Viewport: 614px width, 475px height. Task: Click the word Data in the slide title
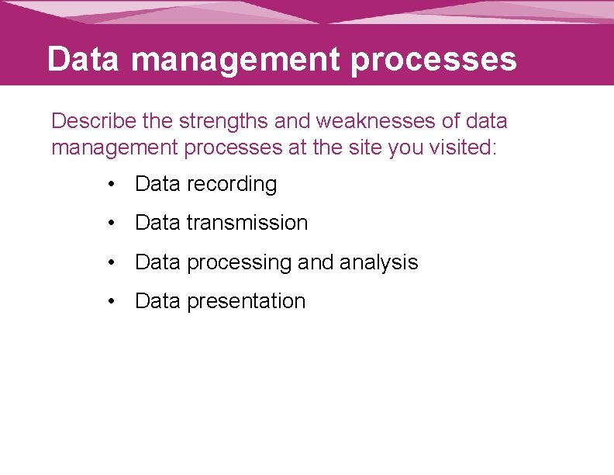pos(82,59)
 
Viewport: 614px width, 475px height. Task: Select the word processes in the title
pos(433,60)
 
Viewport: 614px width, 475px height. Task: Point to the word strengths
pos(221,122)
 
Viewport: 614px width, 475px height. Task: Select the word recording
pos(232,185)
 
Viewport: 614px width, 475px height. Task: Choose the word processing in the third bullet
pos(239,263)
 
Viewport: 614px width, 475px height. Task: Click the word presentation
pos(247,302)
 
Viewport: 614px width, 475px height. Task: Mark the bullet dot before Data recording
pos(113,185)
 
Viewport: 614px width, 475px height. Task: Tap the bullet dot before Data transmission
pos(113,224)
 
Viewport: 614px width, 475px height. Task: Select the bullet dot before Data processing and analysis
pos(113,262)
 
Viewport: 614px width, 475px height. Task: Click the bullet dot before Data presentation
pos(113,301)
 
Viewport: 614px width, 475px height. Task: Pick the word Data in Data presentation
pos(157,301)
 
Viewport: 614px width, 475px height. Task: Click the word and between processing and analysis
pos(316,262)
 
